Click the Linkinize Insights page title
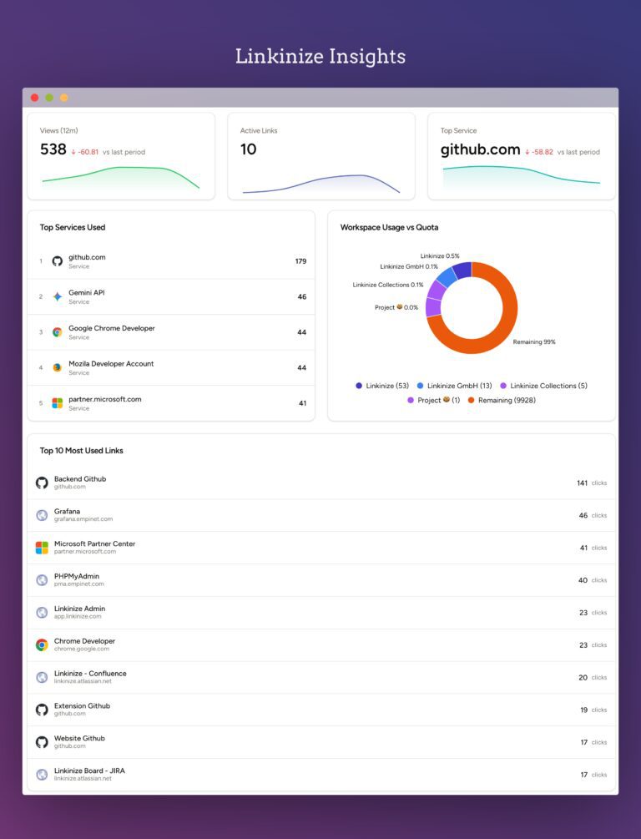320,57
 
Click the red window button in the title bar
35,98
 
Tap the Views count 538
53,149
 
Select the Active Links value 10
249,149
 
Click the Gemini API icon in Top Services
57,296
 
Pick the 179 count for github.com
300,261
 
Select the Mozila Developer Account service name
111,364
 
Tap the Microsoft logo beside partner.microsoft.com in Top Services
57,403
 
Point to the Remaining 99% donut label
534,342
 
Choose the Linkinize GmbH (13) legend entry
455,386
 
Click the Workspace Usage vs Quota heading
389,227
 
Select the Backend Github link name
80,479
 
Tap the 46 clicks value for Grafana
583,516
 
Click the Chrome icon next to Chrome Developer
42,644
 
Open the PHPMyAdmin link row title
77,576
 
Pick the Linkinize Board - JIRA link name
89,771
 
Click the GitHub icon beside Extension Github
42,710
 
